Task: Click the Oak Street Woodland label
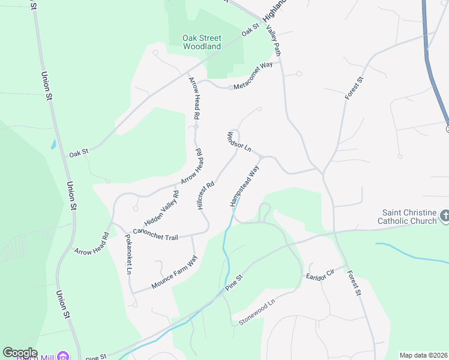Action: (x=202, y=42)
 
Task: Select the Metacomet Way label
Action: (x=253, y=76)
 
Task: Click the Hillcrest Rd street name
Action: (x=205, y=196)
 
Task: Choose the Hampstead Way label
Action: (x=244, y=187)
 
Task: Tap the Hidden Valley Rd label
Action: (x=169, y=203)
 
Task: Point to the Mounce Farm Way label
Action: (x=174, y=272)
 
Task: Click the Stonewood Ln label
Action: (x=256, y=310)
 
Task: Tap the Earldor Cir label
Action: (x=319, y=274)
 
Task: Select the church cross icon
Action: (x=444, y=215)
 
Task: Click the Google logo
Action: (x=20, y=353)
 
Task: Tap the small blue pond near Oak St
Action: (x=53, y=145)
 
